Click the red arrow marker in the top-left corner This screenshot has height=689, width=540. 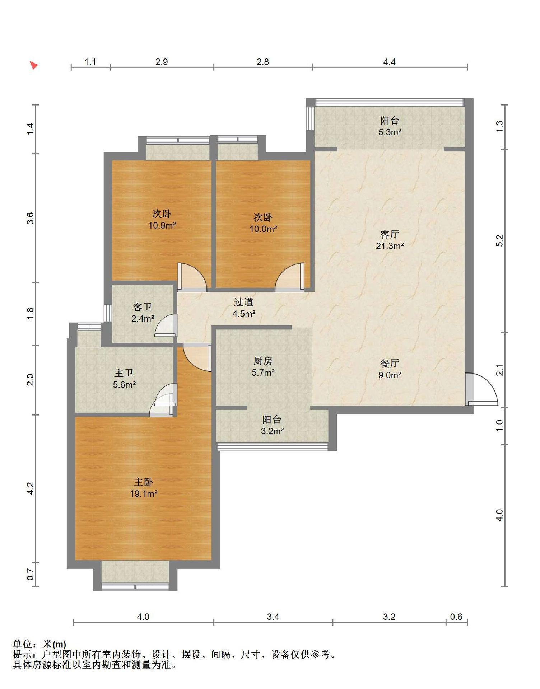(34, 65)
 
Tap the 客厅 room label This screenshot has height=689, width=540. (390, 235)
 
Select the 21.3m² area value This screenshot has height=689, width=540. (390, 246)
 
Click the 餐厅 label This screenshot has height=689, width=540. (390, 364)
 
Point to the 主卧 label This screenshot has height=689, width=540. (144, 482)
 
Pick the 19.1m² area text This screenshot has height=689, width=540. (144, 494)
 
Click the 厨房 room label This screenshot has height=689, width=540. (263, 361)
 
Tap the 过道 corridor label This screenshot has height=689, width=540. (244, 302)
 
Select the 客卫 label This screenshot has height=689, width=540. (143, 307)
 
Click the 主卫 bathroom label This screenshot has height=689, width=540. (124, 373)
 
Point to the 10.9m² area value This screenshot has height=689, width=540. (162, 226)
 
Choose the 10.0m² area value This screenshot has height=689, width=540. (263, 229)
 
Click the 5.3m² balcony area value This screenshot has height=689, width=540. (390, 132)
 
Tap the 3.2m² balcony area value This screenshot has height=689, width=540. (272, 431)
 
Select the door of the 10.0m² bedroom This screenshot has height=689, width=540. (290, 277)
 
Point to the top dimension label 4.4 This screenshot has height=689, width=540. (390, 62)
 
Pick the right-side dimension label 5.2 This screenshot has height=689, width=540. (500, 240)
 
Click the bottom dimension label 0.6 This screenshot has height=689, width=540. (456, 617)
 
